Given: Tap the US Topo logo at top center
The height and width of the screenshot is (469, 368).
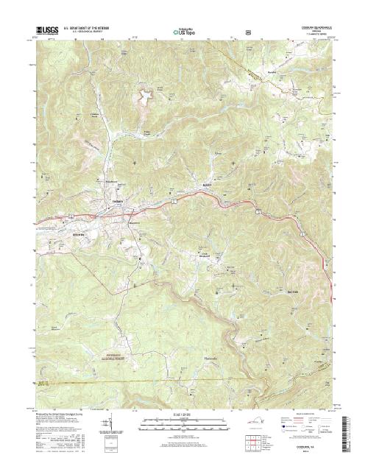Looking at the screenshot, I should [x=185, y=32].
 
